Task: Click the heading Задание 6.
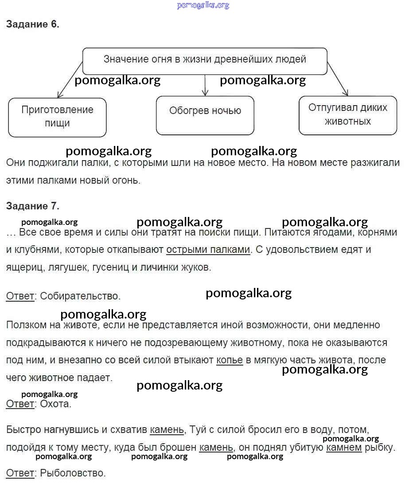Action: (33, 24)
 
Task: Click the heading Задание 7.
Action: (33, 206)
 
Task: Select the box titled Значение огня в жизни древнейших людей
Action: (205, 61)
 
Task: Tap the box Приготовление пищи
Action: (57, 117)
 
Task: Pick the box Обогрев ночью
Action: (205, 115)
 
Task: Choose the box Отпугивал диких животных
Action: (348, 115)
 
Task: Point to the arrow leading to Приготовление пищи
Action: (70, 80)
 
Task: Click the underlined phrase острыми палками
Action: (208, 250)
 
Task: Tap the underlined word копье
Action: (230, 360)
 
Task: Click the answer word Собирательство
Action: (80, 296)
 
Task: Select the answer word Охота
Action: (55, 404)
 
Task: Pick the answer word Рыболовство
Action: (73, 473)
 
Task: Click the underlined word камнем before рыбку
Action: (344, 448)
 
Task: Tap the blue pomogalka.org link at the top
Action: (203, 5)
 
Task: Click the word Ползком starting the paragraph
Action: (26, 325)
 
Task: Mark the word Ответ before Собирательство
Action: (20, 296)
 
